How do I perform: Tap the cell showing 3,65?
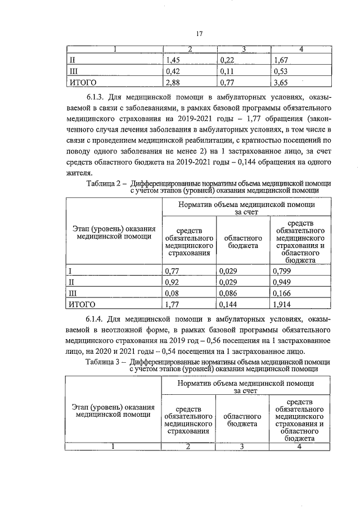click(279, 83)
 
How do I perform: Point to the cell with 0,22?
click(227, 60)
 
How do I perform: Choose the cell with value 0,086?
click(228, 294)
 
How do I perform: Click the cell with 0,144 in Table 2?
click(228, 305)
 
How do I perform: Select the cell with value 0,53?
click(279, 71)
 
